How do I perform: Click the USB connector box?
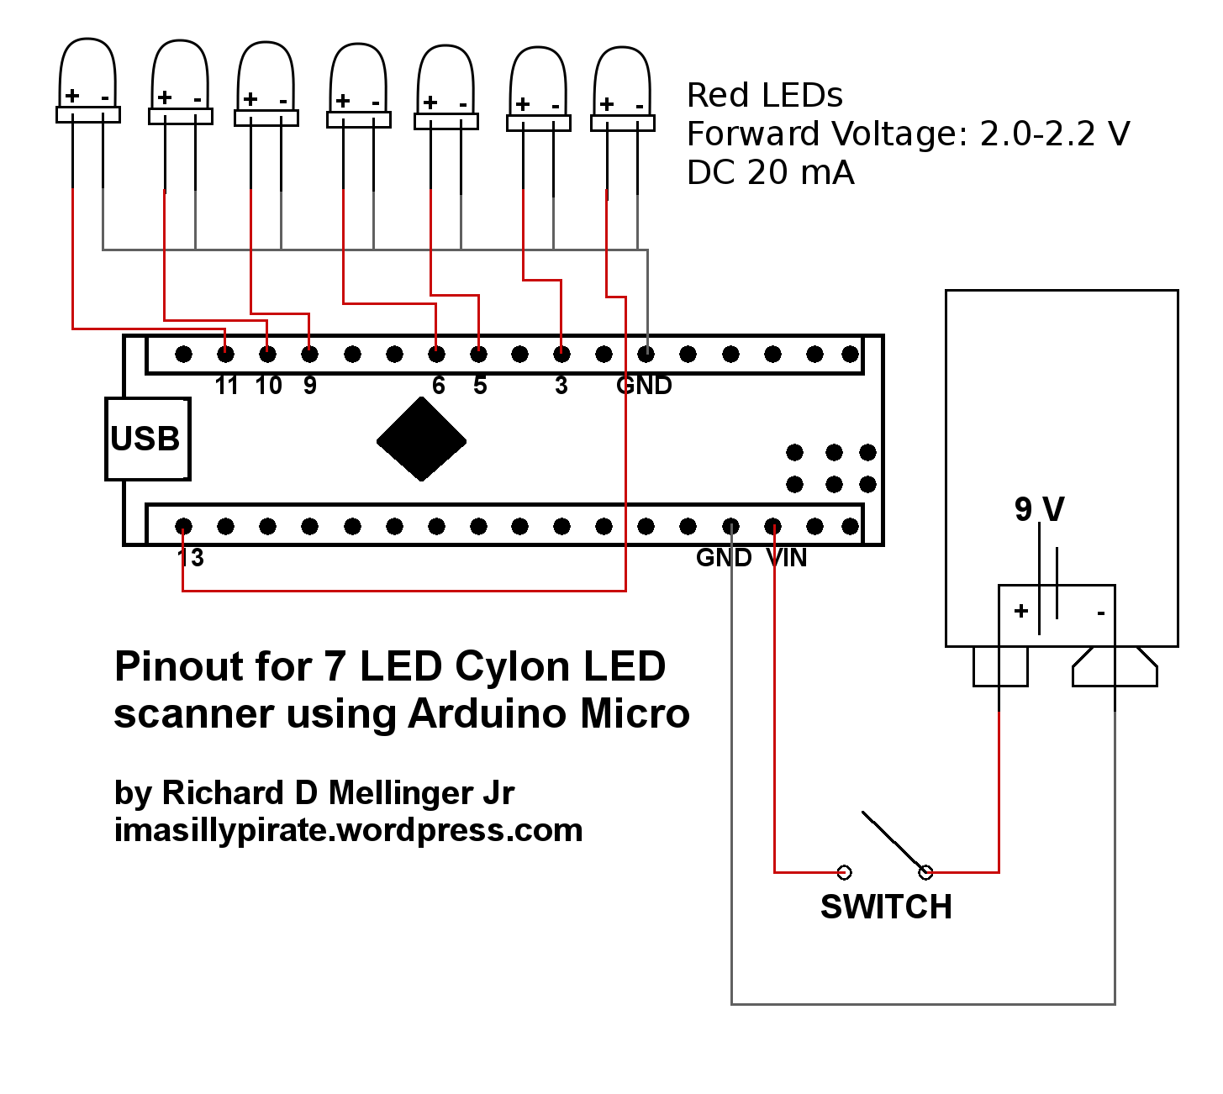tap(148, 439)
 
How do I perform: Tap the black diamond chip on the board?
tap(421, 439)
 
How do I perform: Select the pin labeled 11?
tap(226, 355)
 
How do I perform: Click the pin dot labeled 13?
tap(183, 527)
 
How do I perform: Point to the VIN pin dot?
tap(773, 527)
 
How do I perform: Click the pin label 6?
tap(439, 386)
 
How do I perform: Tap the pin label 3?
tap(561, 386)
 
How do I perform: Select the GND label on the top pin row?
tap(644, 386)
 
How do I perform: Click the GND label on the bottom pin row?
tap(724, 558)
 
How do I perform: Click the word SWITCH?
tap(886, 907)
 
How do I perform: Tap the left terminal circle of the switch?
tap(845, 872)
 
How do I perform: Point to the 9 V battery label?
tap(1040, 509)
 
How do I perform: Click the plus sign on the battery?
tap(1021, 611)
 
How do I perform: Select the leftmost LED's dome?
tap(87, 73)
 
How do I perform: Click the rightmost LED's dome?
tap(622, 81)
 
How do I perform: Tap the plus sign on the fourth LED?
tap(343, 101)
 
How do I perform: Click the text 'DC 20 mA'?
tap(770, 172)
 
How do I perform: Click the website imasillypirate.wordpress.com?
tap(348, 830)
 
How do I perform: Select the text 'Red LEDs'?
tap(765, 95)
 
